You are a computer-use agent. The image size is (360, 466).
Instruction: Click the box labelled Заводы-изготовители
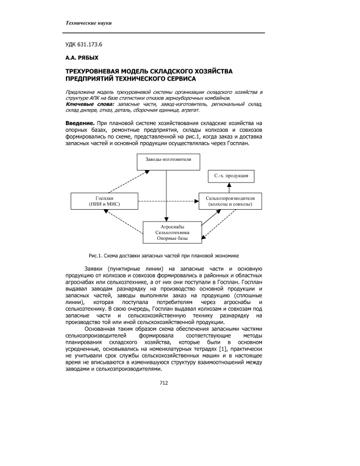[166, 162]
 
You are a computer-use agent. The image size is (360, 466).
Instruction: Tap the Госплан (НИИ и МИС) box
[102, 200]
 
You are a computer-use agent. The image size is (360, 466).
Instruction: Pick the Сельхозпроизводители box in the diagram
[231, 200]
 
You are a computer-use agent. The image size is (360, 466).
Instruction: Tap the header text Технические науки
[89, 23]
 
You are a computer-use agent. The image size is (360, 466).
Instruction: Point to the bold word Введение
[78, 123]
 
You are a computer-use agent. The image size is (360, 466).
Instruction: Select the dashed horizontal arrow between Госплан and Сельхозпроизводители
[166, 201]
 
